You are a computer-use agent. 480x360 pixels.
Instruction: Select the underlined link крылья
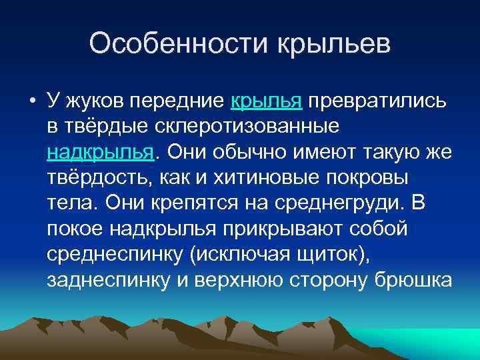pyautogui.click(x=267, y=101)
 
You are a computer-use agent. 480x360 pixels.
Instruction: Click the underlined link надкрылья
pyautogui.click(x=101, y=151)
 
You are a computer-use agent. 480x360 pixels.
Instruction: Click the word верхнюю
pyautogui.click(x=239, y=278)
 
